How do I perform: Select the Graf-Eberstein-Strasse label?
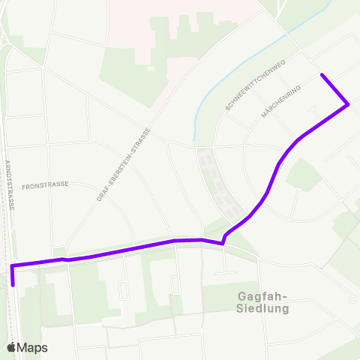[124, 164]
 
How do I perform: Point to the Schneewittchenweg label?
[255, 87]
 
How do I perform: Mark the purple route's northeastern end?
[322, 74]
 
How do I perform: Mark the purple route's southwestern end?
[13, 285]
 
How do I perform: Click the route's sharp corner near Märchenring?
[348, 105]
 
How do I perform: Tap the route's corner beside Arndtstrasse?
[12, 265]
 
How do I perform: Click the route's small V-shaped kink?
[223, 243]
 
